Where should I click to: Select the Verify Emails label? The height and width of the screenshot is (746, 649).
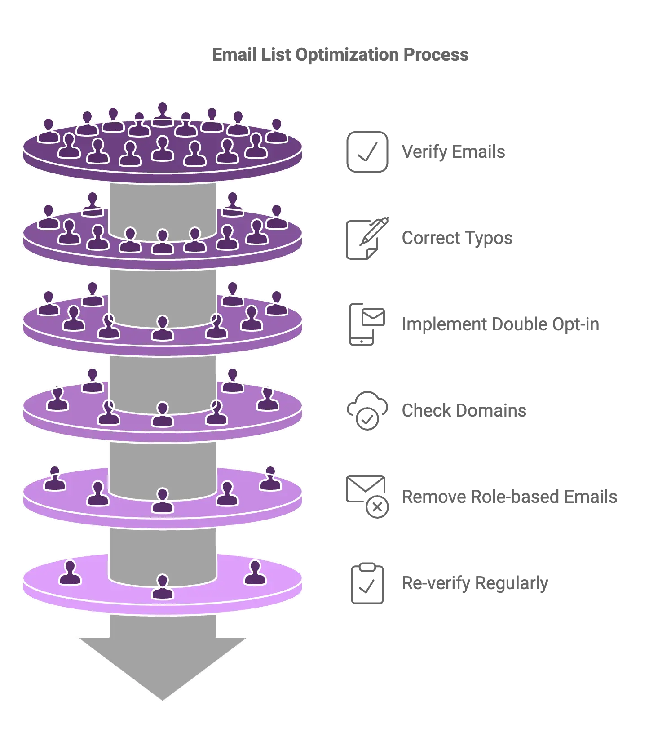pyautogui.click(x=453, y=152)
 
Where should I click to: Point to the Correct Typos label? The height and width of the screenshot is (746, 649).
pyautogui.click(x=457, y=238)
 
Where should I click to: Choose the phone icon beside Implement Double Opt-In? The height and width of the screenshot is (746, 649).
pyautogui.click(x=367, y=325)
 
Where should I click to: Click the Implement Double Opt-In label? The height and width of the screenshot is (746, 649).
pyautogui.click(x=500, y=324)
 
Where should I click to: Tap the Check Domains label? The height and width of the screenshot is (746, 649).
pyautogui.click(x=464, y=410)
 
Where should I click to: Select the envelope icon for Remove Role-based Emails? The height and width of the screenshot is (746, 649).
pyautogui.click(x=367, y=497)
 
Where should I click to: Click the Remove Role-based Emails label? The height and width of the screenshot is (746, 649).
pyautogui.click(x=509, y=497)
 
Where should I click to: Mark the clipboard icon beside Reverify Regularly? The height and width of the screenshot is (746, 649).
pyautogui.click(x=366, y=583)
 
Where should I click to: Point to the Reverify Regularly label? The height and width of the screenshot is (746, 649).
pyautogui.click(x=475, y=583)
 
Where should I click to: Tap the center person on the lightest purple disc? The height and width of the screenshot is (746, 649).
pyautogui.click(x=163, y=587)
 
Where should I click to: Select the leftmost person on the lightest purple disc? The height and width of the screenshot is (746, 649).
pyautogui.click(x=71, y=573)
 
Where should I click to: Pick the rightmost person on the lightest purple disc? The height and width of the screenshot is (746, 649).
pyautogui.click(x=255, y=573)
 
